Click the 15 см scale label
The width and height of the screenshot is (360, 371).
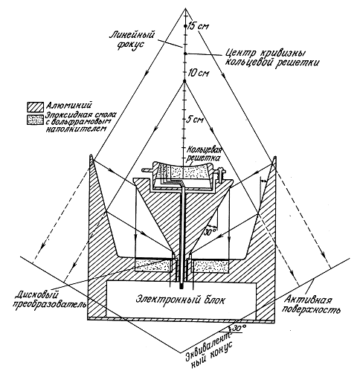tap(198, 26)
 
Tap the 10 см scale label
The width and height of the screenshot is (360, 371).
tap(199, 74)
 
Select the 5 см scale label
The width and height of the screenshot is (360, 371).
tap(195, 120)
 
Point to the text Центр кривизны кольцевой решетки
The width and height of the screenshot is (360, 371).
tap(271, 57)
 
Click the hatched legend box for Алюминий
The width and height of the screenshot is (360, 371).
tap(35, 107)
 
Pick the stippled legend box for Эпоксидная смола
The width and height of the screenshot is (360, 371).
tap(35, 120)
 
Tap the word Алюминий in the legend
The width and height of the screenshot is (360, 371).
tap(68, 106)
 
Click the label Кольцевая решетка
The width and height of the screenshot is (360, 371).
tap(204, 154)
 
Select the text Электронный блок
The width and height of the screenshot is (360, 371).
tap(181, 300)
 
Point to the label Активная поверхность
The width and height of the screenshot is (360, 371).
tap(312, 305)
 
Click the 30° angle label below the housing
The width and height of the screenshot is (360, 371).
tap(239, 328)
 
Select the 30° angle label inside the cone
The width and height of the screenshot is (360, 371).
tap(210, 232)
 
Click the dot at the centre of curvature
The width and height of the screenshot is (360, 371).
tap(185, 54)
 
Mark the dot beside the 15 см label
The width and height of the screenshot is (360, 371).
tap(185, 26)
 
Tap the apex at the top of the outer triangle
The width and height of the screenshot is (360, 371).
tap(185, 8)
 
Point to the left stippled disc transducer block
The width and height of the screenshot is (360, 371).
tap(153, 265)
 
